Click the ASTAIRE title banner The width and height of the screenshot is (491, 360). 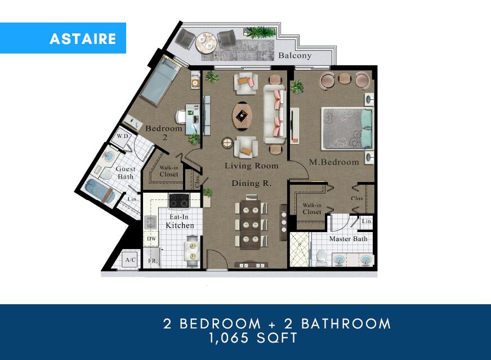(x=83, y=38)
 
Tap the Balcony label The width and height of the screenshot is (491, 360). (x=294, y=56)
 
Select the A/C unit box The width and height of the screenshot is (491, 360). (x=131, y=260)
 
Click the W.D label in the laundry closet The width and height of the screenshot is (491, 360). (x=123, y=137)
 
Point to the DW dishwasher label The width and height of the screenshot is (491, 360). (x=151, y=239)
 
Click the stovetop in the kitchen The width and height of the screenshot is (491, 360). (x=180, y=200)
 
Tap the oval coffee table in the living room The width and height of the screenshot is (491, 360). (x=242, y=115)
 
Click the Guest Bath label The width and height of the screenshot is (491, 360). (x=125, y=172)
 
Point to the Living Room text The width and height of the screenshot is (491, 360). (x=252, y=166)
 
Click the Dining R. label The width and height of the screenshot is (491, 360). (x=252, y=184)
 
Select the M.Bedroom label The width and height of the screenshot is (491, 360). (x=334, y=162)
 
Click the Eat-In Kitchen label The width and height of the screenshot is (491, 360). (x=180, y=221)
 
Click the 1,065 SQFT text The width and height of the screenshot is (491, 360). (x=253, y=339)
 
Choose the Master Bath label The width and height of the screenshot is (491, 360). (x=348, y=239)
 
